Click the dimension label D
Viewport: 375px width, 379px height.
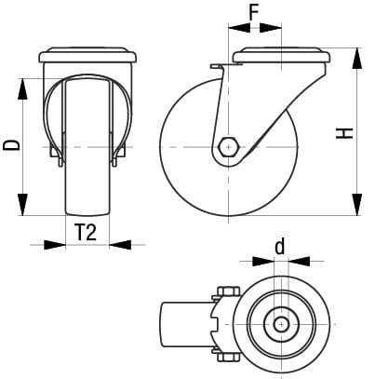tap(10, 144)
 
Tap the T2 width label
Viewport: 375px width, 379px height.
tap(85, 233)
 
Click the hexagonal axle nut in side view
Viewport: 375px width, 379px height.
tap(227, 146)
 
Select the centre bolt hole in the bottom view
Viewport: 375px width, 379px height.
tap(278, 322)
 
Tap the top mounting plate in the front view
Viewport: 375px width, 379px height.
tap(88, 57)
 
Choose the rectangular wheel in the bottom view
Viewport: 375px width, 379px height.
tap(186, 322)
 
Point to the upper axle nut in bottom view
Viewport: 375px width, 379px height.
tap(227, 292)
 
